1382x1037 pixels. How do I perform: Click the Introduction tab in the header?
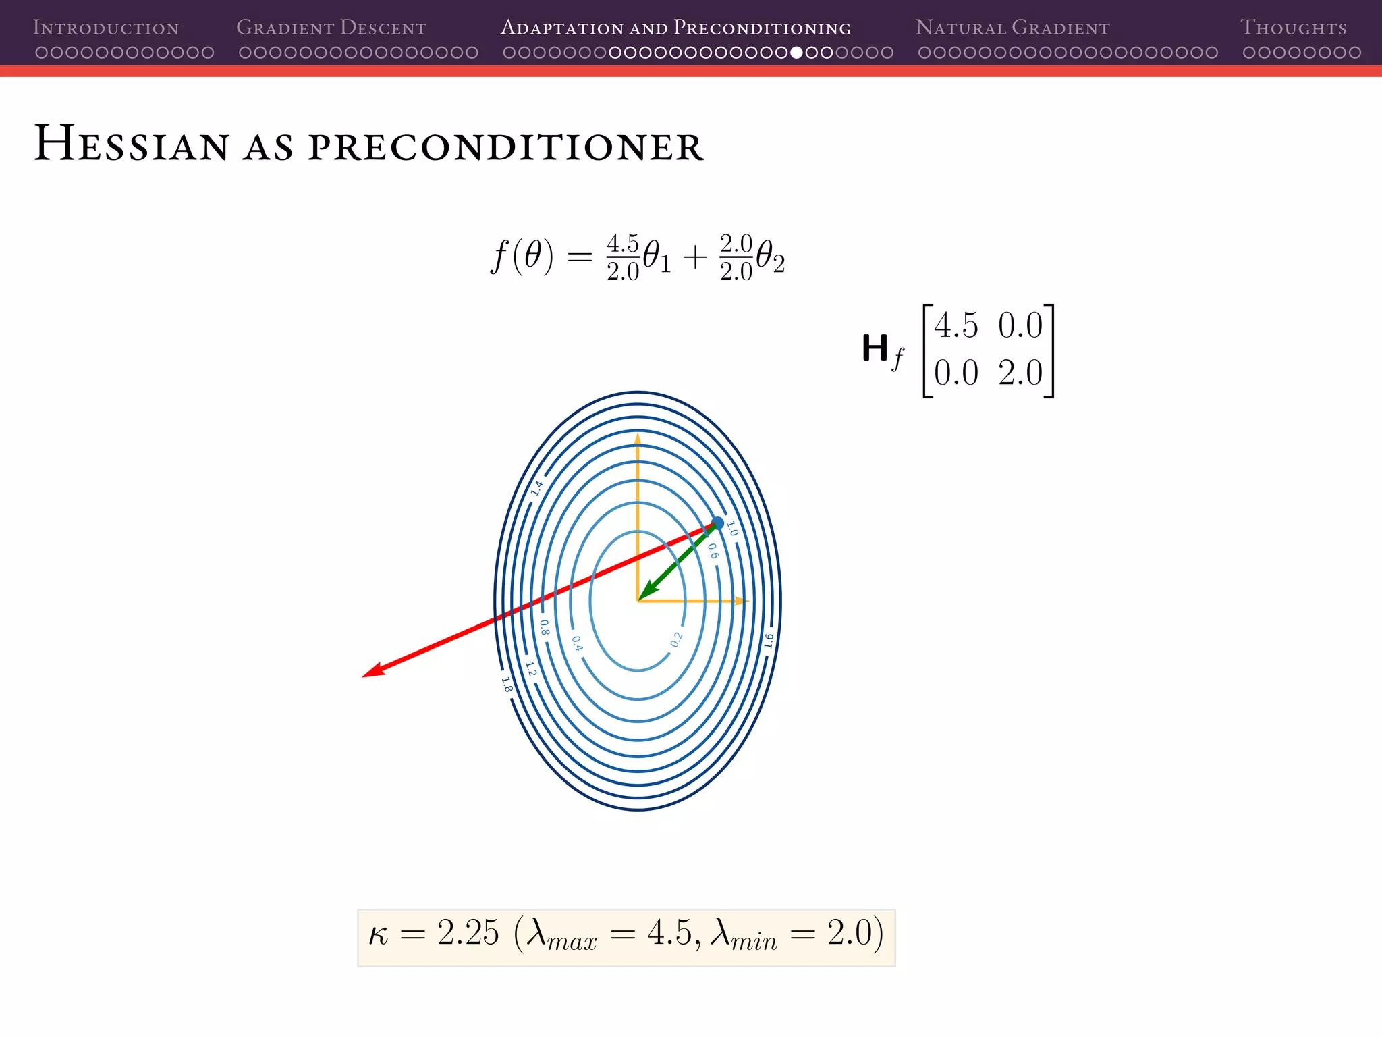[106, 28]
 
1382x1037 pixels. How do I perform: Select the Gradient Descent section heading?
[331, 28]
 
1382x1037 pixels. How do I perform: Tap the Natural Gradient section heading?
[1012, 28]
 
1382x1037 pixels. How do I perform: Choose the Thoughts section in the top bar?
[1293, 28]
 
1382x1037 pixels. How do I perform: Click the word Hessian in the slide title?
[132, 144]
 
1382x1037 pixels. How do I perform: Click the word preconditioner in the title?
[506, 147]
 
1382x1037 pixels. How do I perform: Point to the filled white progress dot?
[796, 53]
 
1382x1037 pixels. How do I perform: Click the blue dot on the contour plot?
[718, 523]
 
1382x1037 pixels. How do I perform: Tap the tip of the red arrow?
[364, 676]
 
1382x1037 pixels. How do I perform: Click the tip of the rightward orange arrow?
[748, 600]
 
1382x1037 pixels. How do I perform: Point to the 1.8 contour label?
[507, 685]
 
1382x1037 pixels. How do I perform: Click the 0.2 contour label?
[676, 639]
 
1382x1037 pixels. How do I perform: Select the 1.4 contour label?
[537, 488]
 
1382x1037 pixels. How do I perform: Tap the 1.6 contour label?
[769, 641]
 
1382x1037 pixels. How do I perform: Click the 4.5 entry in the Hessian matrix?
[956, 326]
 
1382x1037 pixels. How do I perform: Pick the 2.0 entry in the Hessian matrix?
[1020, 373]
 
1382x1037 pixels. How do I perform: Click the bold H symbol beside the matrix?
[875, 348]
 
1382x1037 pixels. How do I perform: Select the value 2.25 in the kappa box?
[468, 934]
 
